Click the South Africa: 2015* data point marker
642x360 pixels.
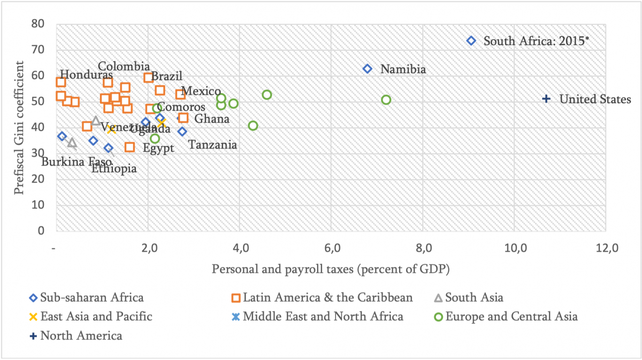pos(471,41)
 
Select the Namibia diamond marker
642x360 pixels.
pos(368,69)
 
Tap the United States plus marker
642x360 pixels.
pos(546,99)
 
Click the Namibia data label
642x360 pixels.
pos(403,70)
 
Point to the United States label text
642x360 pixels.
pos(595,99)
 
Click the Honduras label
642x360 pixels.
pos(86,75)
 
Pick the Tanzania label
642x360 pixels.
pos(213,144)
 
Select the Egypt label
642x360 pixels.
pos(158,148)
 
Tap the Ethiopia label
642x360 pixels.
pos(114,169)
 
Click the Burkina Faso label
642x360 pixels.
pos(77,162)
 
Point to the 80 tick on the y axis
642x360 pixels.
pos(37,24)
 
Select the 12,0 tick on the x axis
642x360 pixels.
pos(606,249)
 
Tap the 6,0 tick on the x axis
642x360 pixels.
pos(332,249)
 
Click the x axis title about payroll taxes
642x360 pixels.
pos(331,269)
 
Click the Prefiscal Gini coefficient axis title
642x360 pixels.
pos(19,128)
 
